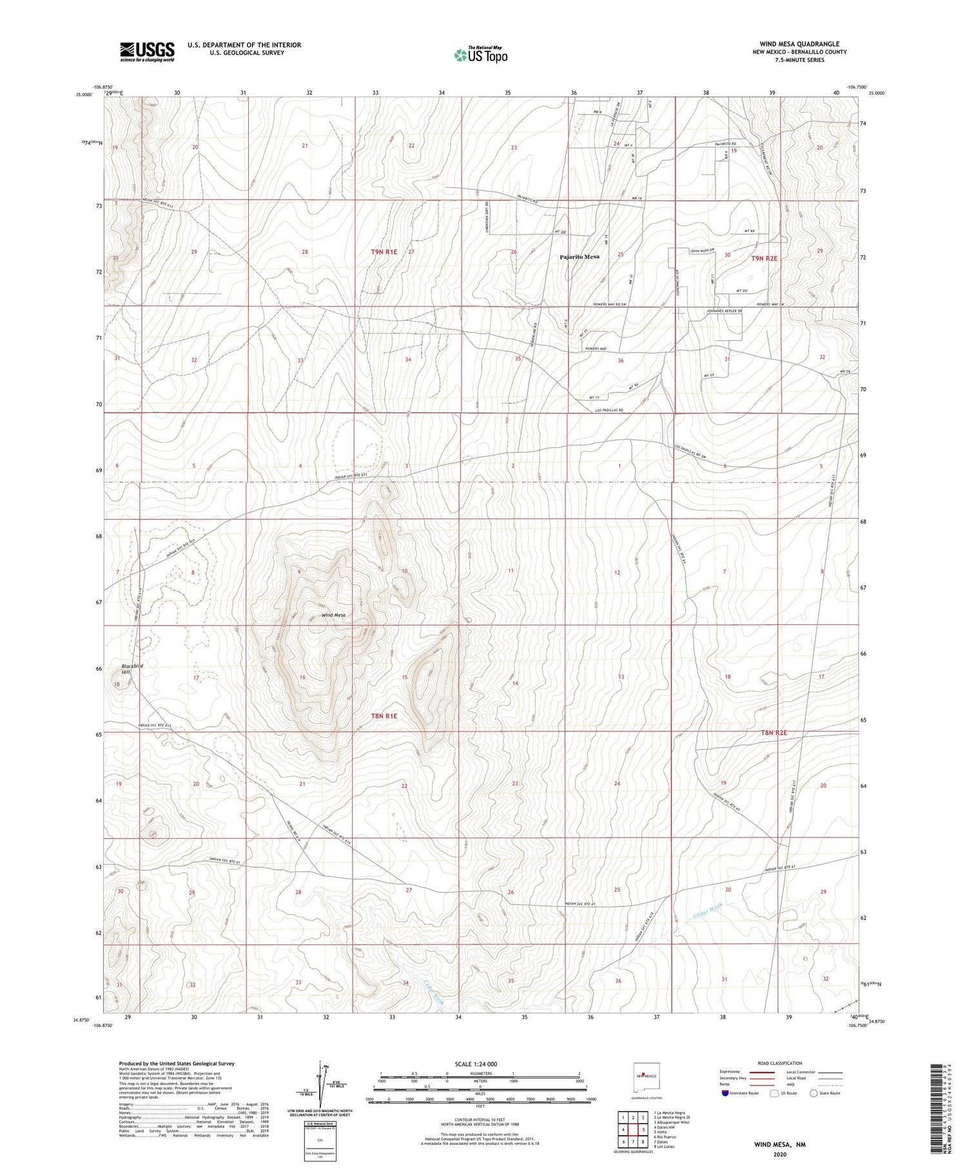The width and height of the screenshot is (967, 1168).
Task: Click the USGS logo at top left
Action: point(147,52)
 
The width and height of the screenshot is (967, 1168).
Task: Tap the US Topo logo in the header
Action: point(480,55)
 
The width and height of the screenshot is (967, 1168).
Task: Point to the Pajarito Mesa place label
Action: point(579,256)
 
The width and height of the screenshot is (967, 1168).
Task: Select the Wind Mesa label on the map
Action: point(333,615)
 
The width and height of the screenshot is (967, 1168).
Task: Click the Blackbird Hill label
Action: point(129,669)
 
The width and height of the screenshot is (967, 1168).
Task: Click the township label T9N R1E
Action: point(384,252)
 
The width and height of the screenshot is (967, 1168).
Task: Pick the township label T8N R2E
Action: point(774,732)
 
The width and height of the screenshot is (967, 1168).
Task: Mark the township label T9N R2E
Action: point(764,258)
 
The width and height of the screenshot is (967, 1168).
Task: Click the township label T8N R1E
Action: point(384,716)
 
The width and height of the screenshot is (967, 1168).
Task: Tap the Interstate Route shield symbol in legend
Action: point(725,1093)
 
